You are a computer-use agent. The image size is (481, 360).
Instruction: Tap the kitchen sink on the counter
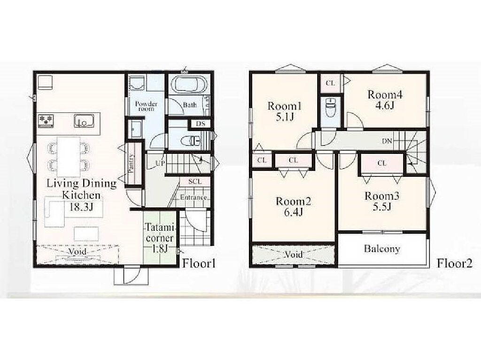(83, 121)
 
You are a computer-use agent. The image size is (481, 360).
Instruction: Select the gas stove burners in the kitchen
(46, 120)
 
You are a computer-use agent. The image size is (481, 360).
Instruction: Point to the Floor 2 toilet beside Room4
(330, 107)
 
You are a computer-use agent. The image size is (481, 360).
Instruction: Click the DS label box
(200, 123)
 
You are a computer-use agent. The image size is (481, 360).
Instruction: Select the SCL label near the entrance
(195, 182)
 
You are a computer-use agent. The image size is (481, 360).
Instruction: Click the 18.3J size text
(81, 207)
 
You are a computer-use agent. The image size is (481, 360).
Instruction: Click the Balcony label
(382, 249)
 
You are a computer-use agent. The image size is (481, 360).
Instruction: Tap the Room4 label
(385, 94)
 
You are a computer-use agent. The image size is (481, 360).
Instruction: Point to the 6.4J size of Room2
(294, 212)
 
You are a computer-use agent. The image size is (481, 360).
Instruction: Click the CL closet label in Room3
(382, 163)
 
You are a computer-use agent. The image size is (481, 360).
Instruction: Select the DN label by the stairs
(387, 141)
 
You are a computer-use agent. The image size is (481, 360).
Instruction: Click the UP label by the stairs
(160, 163)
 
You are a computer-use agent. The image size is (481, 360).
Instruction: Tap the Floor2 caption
(455, 263)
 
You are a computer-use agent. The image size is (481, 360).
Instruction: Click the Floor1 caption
(199, 263)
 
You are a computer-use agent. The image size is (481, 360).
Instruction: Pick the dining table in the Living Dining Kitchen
(69, 157)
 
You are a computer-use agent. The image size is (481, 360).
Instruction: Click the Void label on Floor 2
(294, 254)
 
